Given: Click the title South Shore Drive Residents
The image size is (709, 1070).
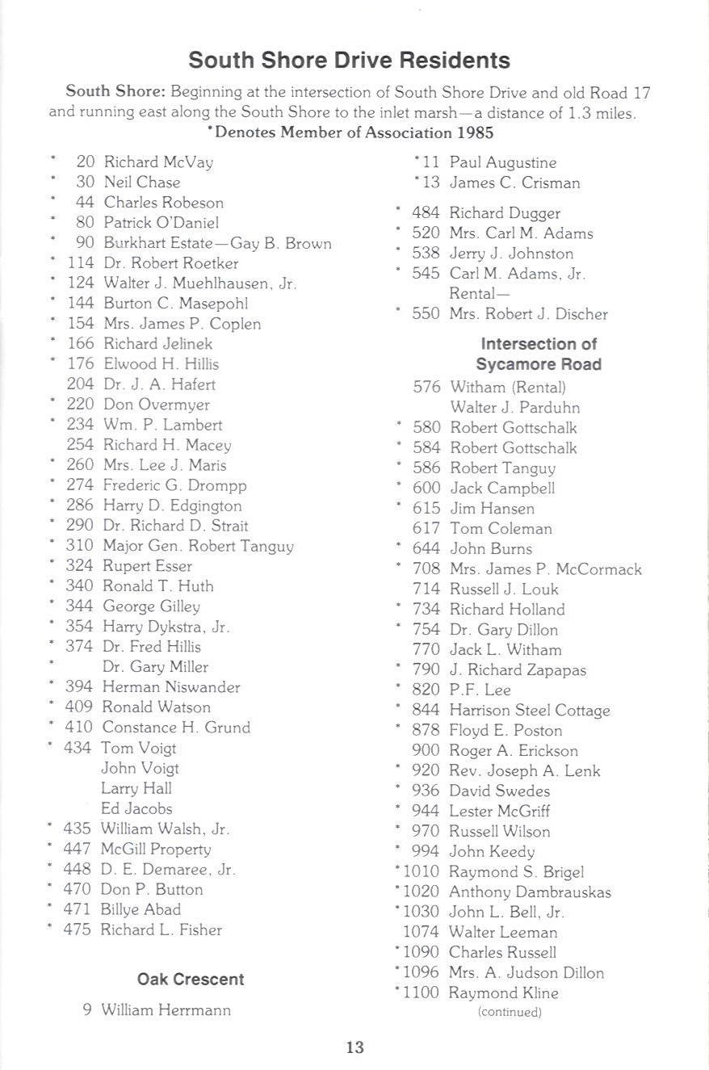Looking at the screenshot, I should pyautogui.click(x=349, y=61).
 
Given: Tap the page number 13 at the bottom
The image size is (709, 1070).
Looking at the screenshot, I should pyautogui.click(x=354, y=1047).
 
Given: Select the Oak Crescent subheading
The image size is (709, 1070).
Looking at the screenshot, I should pyautogui.click(x=191, y=979).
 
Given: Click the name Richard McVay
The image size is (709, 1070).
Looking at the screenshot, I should pyautogui.click(x=158, y=162).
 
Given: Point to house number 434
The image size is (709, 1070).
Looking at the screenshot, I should pyautogui.click(x=78, y=748).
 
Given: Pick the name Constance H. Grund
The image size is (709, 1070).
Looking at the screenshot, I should pyautogui.click(x=176, y=728).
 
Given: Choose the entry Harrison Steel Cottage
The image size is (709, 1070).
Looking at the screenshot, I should pyautogui.click(x=530, y=711).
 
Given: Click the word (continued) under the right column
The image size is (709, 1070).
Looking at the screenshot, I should pyautogui.click(x=510, y=1012).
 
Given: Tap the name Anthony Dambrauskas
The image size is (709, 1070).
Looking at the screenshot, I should pyautogui.click(x=530, y=892).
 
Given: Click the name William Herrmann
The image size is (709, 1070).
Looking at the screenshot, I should pyautogui.click(x=166, y=1010).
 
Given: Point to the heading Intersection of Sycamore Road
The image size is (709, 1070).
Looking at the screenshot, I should pyautogui.click(x=539, y=354).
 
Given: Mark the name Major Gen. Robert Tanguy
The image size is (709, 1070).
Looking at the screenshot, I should pyautogui.click(x=198, y=546).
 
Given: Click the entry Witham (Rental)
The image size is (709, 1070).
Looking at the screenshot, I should pyautogui.click(x=508, y=388).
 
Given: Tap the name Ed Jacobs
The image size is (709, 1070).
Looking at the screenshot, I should pyautogui.click(x=136, y=808).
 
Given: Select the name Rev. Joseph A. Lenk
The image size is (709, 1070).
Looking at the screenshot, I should pyautogui.click(x=525, y=771).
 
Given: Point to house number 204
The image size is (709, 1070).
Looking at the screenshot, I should pyautogui.click(x=81, y=384).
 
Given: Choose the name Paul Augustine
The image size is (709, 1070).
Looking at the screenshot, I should pyautogui.click(x=503, y=162).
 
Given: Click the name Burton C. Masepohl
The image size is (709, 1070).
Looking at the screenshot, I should pyautogui.click(x=175, y=304).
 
